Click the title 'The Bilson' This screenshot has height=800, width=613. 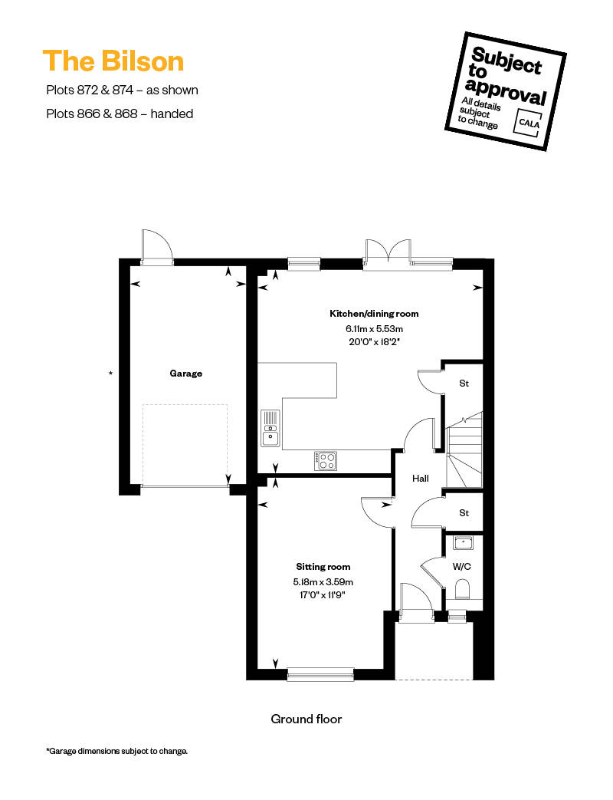point(113,61)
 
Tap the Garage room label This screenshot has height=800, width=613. point(186,374)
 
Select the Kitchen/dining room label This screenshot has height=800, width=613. point(374,314)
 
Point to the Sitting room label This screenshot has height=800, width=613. point(323,566)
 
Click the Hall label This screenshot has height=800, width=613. point(421,479)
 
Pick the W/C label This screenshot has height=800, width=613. point(461,566)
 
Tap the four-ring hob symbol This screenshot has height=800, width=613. point(325,461)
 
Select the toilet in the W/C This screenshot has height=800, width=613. point(461,589)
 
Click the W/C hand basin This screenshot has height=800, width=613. point(463,543)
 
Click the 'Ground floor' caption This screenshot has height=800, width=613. point(306,719)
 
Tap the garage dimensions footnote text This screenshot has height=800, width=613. point(117,751)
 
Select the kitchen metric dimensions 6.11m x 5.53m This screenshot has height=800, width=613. point(374,329)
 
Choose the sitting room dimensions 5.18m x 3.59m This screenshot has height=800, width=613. point(323,581)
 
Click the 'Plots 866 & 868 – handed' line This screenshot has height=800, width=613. point(120,114)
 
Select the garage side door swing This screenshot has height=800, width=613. point(157,246)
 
